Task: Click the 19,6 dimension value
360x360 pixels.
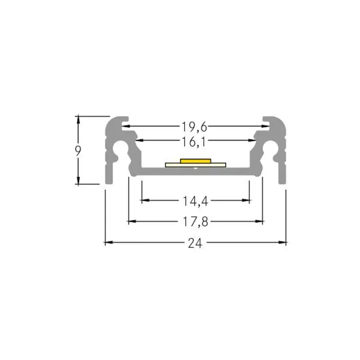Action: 194,127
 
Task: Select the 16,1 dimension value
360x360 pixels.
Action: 194,142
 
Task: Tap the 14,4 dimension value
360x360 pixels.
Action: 195,201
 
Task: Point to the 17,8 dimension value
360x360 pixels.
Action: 195,222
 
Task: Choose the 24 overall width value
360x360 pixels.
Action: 195,243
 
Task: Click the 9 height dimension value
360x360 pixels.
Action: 78,151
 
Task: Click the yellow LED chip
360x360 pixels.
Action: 195,161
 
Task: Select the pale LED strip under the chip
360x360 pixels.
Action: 196,165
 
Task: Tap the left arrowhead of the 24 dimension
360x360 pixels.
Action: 109,242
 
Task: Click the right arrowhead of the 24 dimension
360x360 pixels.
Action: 282,242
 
